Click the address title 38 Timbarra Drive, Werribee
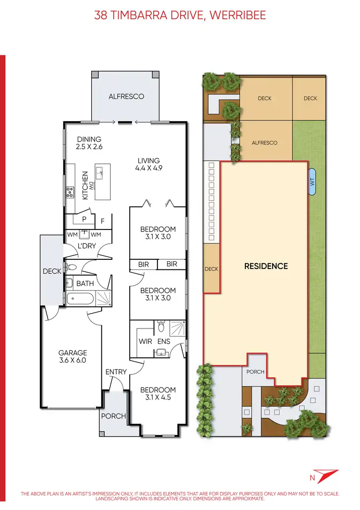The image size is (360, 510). coord(180,15)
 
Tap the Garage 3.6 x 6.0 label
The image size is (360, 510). coord(72,356)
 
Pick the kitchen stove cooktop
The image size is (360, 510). coord(70,193)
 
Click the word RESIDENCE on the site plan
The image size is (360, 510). coord(266,266)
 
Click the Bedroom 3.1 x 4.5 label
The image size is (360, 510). coord(158,394)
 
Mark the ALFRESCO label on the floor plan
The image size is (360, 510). coord(126,96)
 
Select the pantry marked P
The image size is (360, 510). coord(84,219)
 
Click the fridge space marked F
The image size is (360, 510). coord(103,222)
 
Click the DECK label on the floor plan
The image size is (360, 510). coord(52,271)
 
